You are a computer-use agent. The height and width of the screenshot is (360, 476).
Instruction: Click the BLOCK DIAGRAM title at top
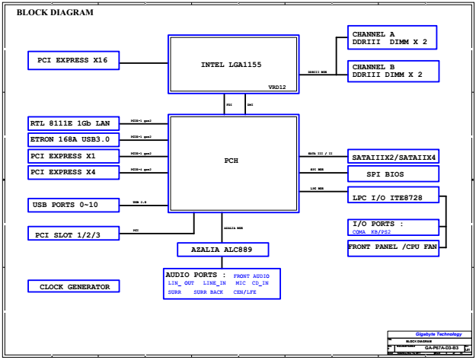click(x=55, y=12)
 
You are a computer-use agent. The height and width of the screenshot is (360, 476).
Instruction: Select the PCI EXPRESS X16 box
click(x=73, y=60)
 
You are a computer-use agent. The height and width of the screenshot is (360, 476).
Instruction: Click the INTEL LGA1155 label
click(x=225, y=65)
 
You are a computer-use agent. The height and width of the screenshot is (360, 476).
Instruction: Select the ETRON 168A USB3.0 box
click(x=73, y=140)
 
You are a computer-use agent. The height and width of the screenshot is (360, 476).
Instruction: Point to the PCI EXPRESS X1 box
click(x=73, y=157)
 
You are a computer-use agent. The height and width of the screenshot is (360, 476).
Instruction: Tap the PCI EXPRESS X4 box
click(x=73, y=173)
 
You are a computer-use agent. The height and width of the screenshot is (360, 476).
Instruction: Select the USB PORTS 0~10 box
click(x=73, y=205)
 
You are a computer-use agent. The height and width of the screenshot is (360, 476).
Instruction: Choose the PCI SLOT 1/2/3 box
click(x=73, y=234)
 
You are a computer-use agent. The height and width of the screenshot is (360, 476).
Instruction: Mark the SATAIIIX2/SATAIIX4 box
click(x=394, y=158)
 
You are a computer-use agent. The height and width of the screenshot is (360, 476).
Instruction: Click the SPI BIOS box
click(x=394, y=174)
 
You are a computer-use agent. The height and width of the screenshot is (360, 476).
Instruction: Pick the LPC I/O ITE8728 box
click(x=394, y=198)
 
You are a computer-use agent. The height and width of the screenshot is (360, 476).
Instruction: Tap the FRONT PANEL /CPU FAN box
click(x=394, y=247)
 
